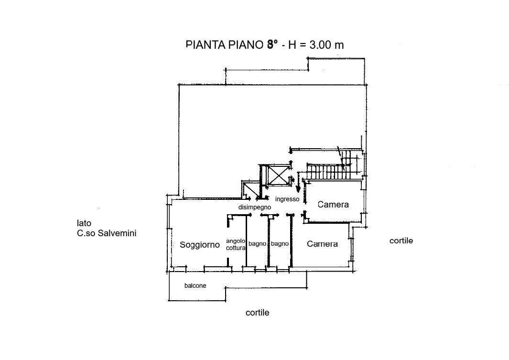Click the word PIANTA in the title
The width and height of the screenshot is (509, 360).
(x=203, y=45)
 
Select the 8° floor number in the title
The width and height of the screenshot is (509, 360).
(x=272, y=45)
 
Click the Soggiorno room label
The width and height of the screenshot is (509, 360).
(x=200, y=245)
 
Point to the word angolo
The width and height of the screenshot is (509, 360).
(x=236, y=241)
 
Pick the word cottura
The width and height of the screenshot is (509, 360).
(x=236, y=248)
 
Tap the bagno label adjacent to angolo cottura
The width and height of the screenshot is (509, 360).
(x=257, y=244)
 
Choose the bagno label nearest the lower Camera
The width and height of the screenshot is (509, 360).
(x=280, y=244)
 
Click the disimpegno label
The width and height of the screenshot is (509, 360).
(x=255, y=207)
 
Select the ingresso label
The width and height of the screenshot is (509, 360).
(x=287, y=199)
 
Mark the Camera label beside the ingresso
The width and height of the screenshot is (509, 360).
(x=333, y=205)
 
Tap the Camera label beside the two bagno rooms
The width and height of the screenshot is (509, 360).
(x=322, y=244)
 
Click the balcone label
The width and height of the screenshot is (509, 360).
(x=195, y=286)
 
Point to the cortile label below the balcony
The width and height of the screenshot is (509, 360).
(x=257, y=313)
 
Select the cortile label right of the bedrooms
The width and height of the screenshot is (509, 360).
(x=401, y=241)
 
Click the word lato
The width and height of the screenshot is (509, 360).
(x=84, y=223)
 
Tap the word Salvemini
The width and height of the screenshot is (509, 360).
(x=117, y=234)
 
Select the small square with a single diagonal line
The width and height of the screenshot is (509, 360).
(x=249, y=190)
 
